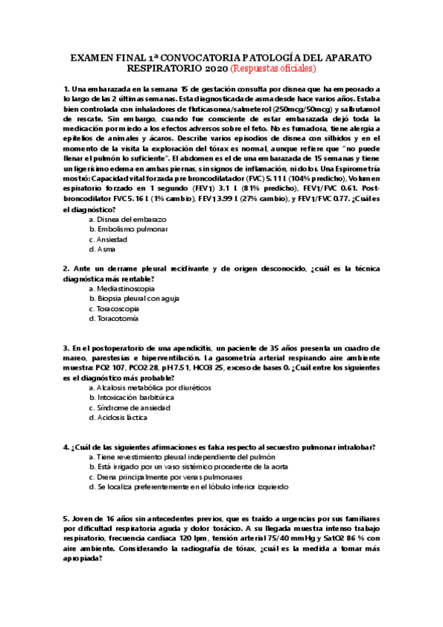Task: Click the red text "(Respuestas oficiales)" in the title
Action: [273, 69]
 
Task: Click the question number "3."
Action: [67, 348]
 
